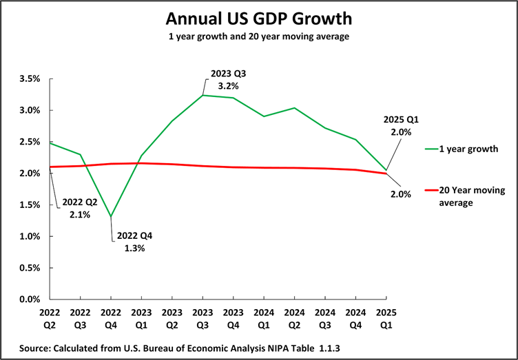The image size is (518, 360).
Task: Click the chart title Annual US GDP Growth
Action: click(x=259, y=17)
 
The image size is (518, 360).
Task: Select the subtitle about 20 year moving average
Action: click(x=259, y=36)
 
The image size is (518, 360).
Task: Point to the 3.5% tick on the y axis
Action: click(x=31, y=79)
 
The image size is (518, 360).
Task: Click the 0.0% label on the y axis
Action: click(x=31, y=299)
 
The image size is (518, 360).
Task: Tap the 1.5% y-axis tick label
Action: click(x=31, y=205)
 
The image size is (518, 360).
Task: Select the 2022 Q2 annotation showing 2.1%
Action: click(x=81, y=209)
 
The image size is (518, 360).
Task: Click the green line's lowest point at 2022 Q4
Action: click(x=112, y=217)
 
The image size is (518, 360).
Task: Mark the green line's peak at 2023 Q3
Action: click(x=203, y=95)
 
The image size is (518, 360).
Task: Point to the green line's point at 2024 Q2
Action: click(x=295, y=108)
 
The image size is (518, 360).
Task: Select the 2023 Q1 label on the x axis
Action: click(x=142, y=317)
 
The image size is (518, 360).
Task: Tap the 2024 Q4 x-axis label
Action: click(x=355, y=317)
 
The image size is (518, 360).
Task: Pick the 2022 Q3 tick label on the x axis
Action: click(x=81, y=317)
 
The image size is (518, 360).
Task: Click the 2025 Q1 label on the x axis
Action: click(x=386, y=317)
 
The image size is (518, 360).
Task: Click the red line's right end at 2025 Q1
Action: click(x=386, y=173)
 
